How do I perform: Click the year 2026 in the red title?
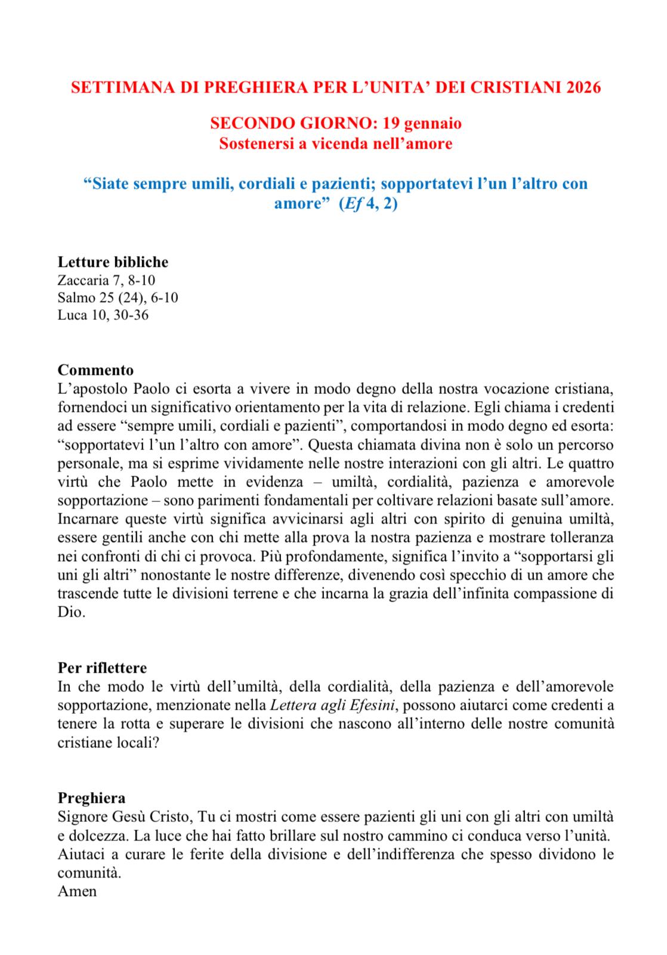point(584,88)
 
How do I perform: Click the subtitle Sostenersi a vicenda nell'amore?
point(335,144)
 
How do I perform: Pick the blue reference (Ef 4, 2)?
point(368,204)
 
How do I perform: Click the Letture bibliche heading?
point(113,262)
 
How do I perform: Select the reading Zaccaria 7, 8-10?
point(106,280)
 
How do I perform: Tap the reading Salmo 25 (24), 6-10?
point(118,297)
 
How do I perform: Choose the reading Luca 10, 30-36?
point(103,315)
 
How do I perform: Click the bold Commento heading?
point(95,370)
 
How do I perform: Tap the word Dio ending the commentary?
point(69,613)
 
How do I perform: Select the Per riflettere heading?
point(102,667)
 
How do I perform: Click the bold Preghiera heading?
point(91,798)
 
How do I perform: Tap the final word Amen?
point(77,892)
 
